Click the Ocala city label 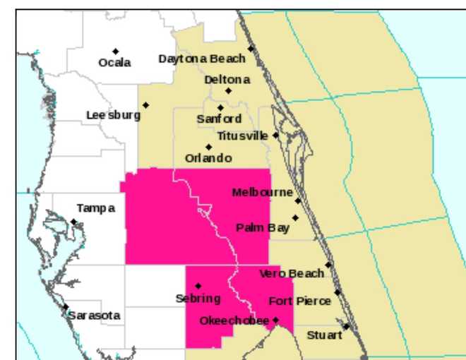tap(114, 63)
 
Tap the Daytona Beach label tap(202, 59)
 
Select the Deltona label tap(227, 80)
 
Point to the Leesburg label tap(113, 115)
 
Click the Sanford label tap(219, 119)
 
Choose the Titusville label tap(243, 135)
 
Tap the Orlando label tap(208, 158)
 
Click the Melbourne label tap(262, 192)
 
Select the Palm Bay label tap(263, 227)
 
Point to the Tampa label tap(95, 208)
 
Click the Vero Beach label tap(292, 273)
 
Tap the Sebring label tap(198, 299)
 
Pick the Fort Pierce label tap(299, 301)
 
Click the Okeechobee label tap(234, 321)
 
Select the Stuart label tap(324, 335)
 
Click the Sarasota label tap(94, 316)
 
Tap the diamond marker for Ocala tap(115, 51)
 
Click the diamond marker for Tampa tap(73, 222)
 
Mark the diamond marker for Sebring tap(198, 286)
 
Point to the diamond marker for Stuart tap(347, 326)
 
